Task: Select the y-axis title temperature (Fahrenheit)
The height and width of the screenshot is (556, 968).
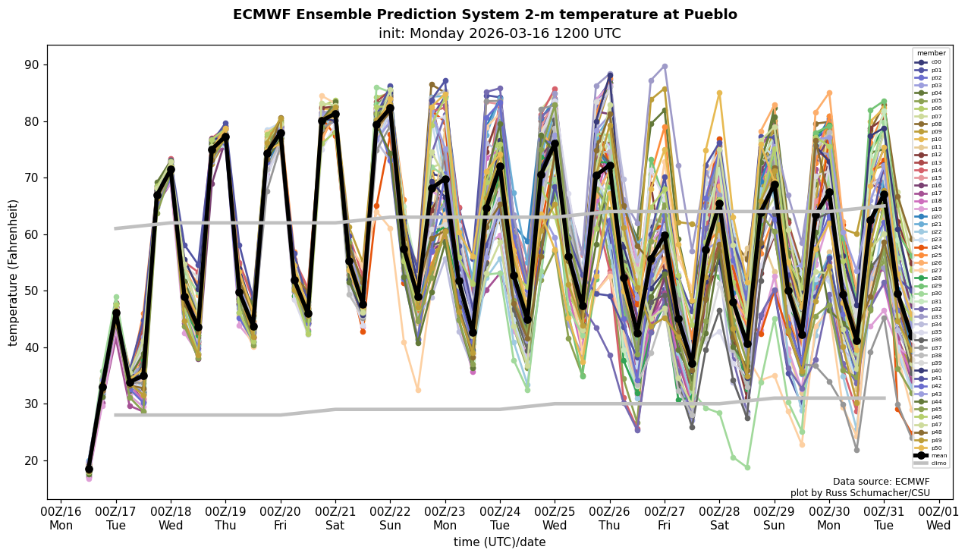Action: (x=13, y=272)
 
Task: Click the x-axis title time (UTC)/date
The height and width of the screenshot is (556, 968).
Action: (x=499, y=542)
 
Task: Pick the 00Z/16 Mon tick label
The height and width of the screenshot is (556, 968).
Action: (x=61, y=518)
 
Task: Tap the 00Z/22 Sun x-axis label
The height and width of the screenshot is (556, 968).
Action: (x=390, y=518)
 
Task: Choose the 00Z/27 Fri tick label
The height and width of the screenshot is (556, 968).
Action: (x=665, y=518)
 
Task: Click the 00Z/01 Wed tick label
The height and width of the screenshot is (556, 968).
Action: (x=938, y=518)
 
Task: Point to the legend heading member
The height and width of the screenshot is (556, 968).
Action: (x=931, y=53)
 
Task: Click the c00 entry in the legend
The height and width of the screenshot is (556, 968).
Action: (x=931, y=62)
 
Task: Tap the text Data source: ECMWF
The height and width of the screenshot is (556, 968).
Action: (x=881, y=482)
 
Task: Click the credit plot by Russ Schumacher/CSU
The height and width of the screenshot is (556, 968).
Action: (x=860, y=493)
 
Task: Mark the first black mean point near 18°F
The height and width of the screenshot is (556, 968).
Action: (x=89, y=470)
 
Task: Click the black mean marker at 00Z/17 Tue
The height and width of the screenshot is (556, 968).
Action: (x=116, y=313)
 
